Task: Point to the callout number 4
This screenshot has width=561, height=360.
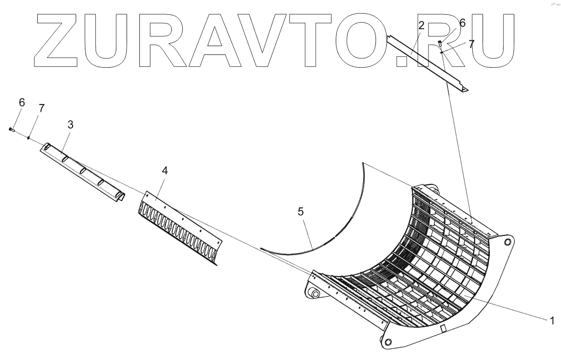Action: pos(164,171)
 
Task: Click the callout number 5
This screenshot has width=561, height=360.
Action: pos(301,211)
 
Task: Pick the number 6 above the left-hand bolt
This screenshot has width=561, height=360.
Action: pos(21,103)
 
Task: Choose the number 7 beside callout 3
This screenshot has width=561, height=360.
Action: pos(41,109)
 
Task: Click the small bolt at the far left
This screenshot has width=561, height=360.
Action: pos(11,129)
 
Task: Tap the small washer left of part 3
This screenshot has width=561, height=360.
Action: pos(29,138)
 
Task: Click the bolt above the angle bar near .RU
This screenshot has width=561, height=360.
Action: pos(440,43)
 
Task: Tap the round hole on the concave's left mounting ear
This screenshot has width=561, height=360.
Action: pos(315,294)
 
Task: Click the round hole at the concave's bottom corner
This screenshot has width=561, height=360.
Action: pos(388,342)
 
